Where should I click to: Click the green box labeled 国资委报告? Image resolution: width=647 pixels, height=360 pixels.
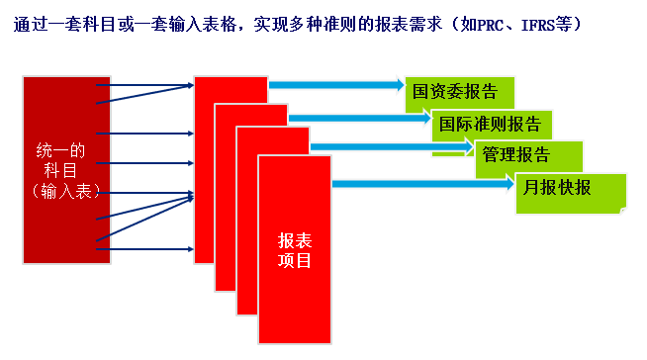[x=455, y=93]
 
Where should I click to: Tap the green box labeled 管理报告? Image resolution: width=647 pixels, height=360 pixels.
[x=516, y=155]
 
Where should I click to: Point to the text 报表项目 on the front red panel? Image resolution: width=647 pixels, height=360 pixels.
[x=295, y=250]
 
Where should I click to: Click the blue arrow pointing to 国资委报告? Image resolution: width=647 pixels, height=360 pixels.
[x=336, y=85]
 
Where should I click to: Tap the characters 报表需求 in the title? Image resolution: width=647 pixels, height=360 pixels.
[x=398, y=22]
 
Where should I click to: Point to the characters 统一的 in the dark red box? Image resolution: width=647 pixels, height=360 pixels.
[x=60, y=151]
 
